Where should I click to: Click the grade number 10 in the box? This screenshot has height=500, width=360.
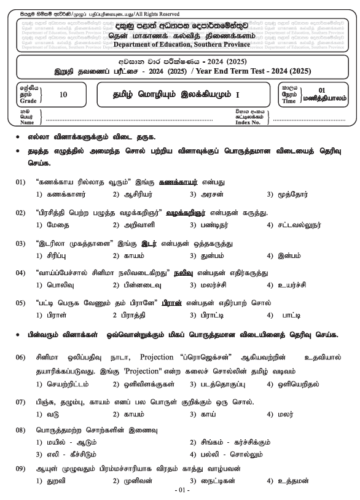(x=64, y=95)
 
